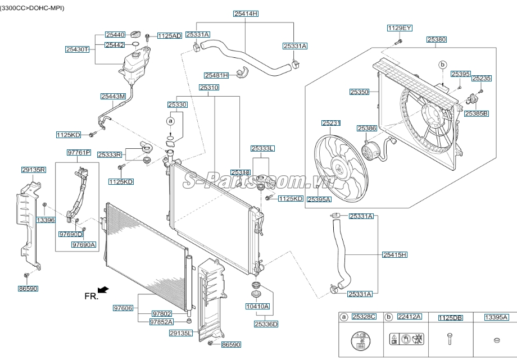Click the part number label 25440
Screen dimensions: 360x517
click(116, 35)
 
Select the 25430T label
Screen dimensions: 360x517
click(77, 49)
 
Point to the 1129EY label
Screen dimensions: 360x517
click(400, 28)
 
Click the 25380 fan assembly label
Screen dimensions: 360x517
click(436, 39)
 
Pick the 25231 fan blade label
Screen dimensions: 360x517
click(331, 123)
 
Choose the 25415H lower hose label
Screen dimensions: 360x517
click(394, 254)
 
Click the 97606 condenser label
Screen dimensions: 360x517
click(123, 308)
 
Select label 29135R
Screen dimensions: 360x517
click(34, 170)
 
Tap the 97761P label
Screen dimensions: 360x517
click(79, 152)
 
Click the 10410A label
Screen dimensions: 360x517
click(258, 306)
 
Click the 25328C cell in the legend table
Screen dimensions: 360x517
click(363, 317)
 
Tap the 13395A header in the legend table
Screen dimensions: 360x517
click(496, 317)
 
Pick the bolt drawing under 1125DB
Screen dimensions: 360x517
click(449, 339)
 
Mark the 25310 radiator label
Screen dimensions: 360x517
click(208, 88)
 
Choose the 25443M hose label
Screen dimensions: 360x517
click(113, 97)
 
